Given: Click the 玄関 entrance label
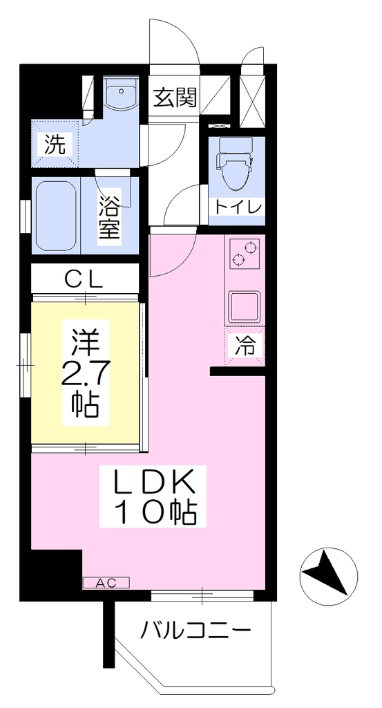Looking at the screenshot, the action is click(x=175, y=97).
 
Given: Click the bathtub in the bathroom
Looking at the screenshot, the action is click(x=57, y=216).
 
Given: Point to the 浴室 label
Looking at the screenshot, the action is click(x=109, y=216).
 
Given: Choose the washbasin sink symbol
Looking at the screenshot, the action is click(x=120, y=93).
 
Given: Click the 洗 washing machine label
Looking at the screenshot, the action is click(x=55, y=145).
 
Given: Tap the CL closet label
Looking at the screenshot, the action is click(x=84, y=281).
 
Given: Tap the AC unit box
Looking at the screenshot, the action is click(x=106, y=583).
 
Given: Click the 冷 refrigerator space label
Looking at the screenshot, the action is click(x=244, y=347).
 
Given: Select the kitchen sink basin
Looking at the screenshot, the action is click(x=244, y=306).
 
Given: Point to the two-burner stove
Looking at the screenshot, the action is click(x=244, y=253).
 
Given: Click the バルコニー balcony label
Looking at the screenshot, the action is click(x=195, y=629).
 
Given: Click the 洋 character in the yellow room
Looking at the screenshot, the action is click(x=85, y=342).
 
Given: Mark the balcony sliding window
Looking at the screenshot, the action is click(x=202, y=595).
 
